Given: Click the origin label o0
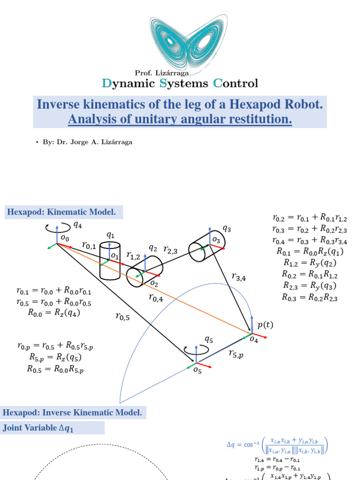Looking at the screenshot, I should (x=65, y=238).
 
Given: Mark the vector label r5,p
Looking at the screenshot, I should (x=236, y=354).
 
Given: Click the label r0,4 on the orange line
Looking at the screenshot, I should (x=156, y=297).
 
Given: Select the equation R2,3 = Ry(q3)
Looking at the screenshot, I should (x=310, y=286).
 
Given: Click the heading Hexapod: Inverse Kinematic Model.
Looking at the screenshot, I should (x=72, y=413).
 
